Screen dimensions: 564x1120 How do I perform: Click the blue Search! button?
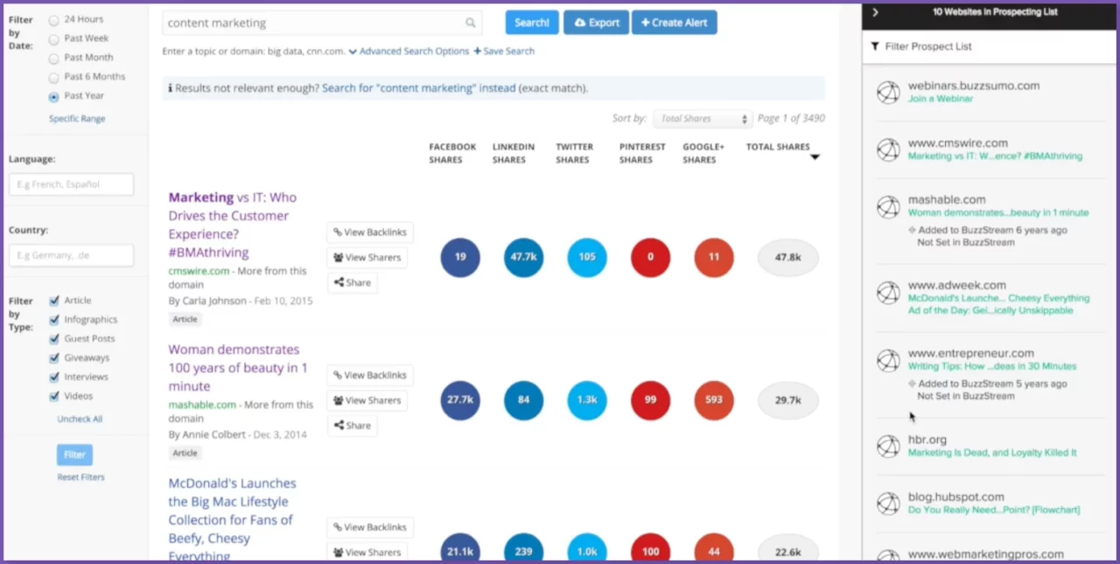coord(531,23)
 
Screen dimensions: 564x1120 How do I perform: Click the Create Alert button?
coord(674,23)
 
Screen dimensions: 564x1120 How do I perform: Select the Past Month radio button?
coord(54,58)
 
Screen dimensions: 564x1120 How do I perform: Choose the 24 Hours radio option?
coord(54,19)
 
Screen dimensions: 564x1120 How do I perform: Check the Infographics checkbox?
coord(54,320)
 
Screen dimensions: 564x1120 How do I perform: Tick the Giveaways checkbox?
coord(54,359)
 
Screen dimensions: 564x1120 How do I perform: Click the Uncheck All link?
coord(80,419)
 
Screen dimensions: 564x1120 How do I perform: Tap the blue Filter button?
coord(74,455)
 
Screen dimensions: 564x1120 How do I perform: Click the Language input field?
coord(71,185)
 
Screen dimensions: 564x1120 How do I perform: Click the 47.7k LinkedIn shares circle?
coord(523,257)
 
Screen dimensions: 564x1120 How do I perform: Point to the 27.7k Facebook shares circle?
coord(460,400)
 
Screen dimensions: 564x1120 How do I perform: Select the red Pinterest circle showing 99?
coord(650,400)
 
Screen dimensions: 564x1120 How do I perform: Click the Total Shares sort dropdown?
coord(703,119)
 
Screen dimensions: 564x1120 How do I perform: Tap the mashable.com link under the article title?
coord(202,405)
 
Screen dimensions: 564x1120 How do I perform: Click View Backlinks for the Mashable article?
coord(370,375)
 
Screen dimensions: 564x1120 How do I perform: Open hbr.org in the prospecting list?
coord(927,440)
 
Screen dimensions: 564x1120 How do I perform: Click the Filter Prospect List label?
coord(927,46)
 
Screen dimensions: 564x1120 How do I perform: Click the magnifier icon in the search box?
coord(471,23)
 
